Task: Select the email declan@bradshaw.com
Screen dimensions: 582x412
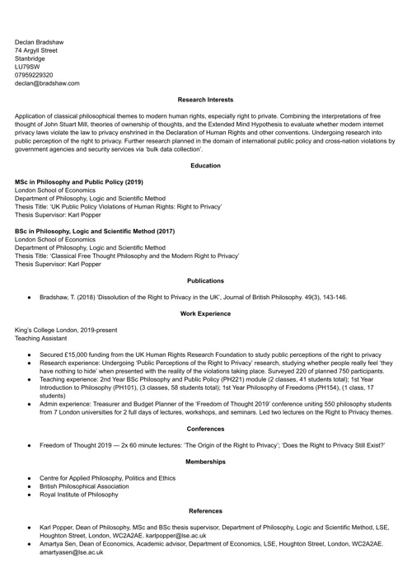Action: [x=47, y=83]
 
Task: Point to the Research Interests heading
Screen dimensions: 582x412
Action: [x=205, y=100]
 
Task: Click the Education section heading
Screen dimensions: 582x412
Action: [x=205, y=166]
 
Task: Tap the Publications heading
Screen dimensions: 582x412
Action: [x=205, y=281]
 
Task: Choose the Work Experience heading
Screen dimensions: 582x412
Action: [x=205, y=314]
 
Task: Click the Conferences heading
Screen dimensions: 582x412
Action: [x=205, y=429]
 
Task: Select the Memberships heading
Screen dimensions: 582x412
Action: [x=205, y=462]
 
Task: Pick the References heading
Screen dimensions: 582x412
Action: [x=205, y=511]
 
